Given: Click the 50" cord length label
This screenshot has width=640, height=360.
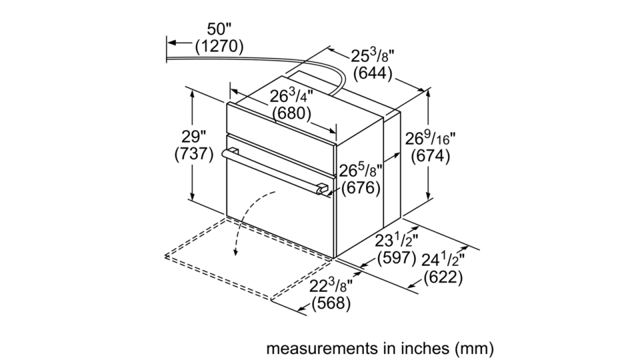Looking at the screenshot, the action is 219,29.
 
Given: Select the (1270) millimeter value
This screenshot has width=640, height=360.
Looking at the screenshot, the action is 219,47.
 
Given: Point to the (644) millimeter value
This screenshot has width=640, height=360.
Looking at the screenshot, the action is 373,73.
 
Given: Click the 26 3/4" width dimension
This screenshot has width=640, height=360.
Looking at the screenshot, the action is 291,96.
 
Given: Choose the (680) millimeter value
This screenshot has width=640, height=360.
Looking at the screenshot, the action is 291,113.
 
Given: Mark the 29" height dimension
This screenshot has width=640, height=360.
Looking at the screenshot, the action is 193,137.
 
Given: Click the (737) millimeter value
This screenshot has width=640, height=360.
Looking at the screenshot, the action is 194,154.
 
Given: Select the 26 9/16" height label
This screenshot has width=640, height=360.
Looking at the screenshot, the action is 430,139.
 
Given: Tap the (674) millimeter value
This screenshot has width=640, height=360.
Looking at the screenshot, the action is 430,156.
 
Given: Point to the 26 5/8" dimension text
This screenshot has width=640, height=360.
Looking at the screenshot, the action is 361,170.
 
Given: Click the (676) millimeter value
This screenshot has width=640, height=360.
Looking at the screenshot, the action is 361,188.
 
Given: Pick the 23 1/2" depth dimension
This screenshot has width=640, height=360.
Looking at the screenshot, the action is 396,241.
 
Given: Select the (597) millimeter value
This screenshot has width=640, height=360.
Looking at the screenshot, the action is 396,258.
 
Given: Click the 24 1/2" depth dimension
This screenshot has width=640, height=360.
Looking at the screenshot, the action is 443,259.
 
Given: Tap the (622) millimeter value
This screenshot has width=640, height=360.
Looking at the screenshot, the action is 443,277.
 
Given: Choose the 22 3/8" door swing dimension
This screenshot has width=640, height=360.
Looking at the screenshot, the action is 331,286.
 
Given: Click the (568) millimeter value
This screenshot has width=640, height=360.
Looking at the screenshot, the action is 331,303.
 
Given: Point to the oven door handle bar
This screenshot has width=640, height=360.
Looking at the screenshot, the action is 275,171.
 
